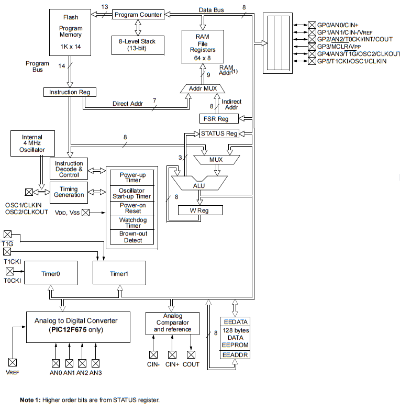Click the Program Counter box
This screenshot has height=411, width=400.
[138, 14]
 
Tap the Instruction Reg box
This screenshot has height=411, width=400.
[69, 92]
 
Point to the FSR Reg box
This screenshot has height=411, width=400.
[219, 119]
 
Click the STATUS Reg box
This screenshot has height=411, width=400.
[219, 134]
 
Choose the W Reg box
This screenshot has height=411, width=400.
[200, 210]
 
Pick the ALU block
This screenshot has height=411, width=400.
[199, 185]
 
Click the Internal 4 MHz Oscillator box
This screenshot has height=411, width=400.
[32, 144]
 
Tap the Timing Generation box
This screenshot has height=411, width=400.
[69, 192]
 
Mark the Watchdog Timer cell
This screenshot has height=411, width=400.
[133, 223]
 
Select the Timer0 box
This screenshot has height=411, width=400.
[51, 273]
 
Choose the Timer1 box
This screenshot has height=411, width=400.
[118, 273]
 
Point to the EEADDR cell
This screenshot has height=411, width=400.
[235, 355]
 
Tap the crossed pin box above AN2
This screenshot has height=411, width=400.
[82, 363]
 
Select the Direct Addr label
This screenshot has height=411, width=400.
[128, 104]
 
